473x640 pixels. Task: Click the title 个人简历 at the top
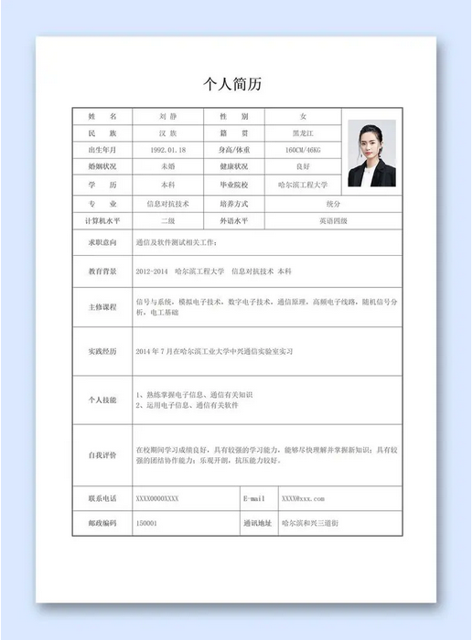coord(236,84)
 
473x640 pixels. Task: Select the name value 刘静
coord(168,117)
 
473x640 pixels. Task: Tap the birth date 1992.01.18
coord(167,150)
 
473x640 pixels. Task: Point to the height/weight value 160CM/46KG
coord(303,150)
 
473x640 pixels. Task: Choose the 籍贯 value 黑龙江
coord(303,133)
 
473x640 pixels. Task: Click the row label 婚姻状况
coord(102,167)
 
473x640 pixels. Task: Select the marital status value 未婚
coord(168,167)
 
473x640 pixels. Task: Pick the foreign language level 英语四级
coord(333,221)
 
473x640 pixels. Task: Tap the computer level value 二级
coord(168,221)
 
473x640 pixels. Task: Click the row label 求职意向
coord(102,242)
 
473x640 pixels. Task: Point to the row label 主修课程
coord(102,307)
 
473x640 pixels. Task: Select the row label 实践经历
coord(102,351)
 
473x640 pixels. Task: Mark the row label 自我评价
coord(102,454)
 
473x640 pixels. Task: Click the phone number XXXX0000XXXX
coord(157,499)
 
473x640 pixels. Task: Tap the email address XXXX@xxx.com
coord(303,499)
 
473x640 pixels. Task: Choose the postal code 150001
coord(146,523)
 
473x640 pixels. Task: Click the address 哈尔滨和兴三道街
coord(310,523)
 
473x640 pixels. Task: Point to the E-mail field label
coord(254,499)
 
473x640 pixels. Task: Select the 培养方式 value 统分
coord(333,203)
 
